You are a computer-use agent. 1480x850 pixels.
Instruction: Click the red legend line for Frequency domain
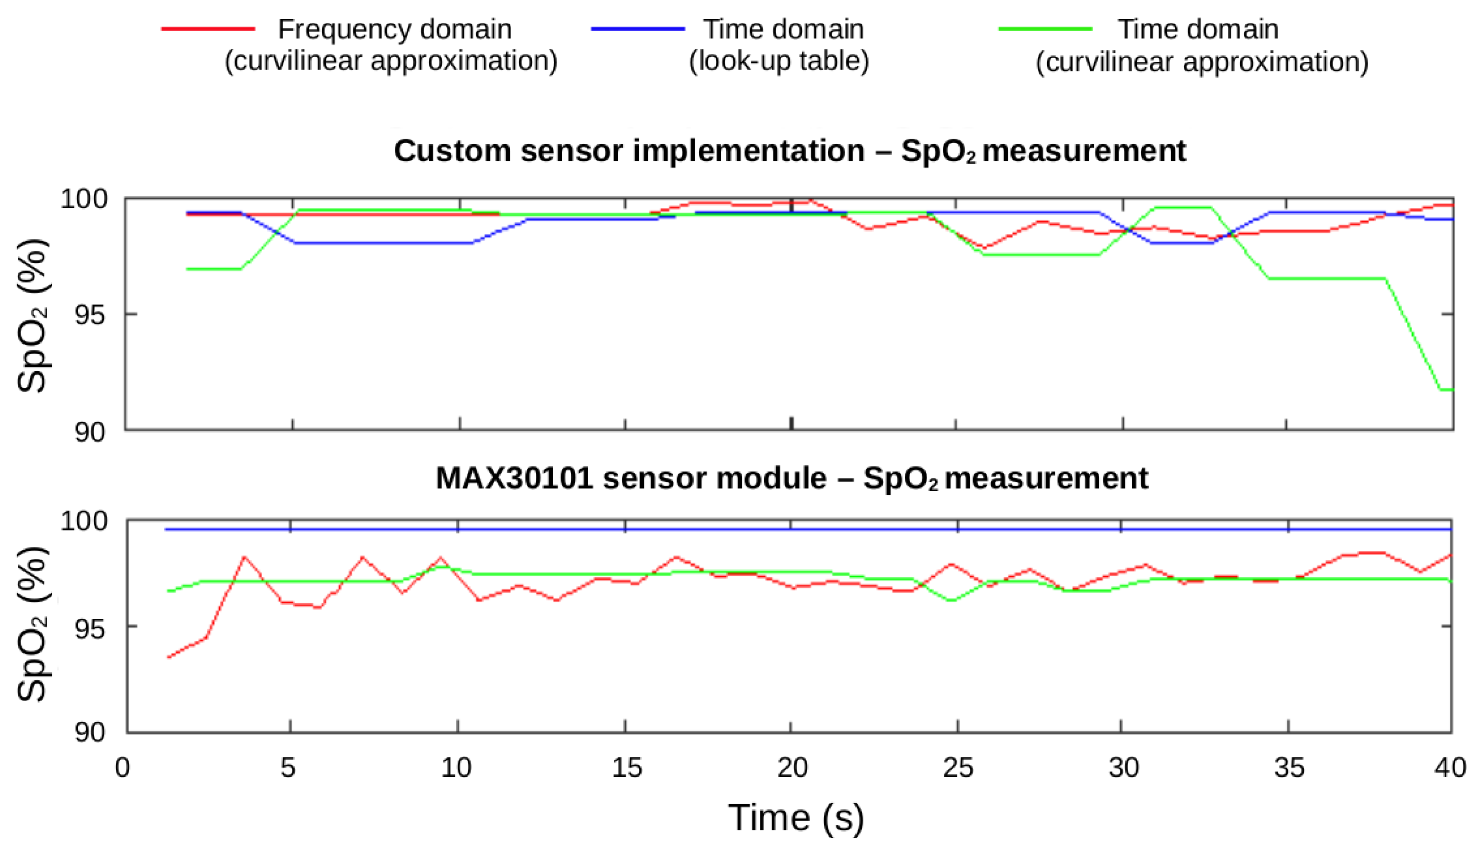tap(208, 28)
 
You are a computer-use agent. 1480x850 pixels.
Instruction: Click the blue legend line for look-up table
tap(637, 28)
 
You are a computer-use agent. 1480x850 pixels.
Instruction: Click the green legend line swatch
tap(1045, 28)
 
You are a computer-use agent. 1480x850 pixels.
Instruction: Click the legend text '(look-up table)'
tap(778, 61)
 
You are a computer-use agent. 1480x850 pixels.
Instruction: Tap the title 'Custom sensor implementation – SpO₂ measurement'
tap(789, 151)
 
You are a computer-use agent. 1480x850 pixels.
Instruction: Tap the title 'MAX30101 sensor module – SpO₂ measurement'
tap(791, 478)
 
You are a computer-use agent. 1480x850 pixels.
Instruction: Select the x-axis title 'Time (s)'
tap(796, 818)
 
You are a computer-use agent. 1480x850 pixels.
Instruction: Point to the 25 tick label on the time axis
tap(958, 768)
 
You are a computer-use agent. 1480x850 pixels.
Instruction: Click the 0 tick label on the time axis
tap(123, 768)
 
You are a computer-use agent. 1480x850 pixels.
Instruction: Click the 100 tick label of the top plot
tap(84, 199)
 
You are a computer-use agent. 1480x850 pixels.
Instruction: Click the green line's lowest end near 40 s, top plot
tap(1445, 390)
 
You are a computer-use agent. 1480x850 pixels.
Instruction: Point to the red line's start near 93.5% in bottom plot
tap(169, 657)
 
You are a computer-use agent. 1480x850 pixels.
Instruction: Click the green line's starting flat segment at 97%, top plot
tap(213, 269)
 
